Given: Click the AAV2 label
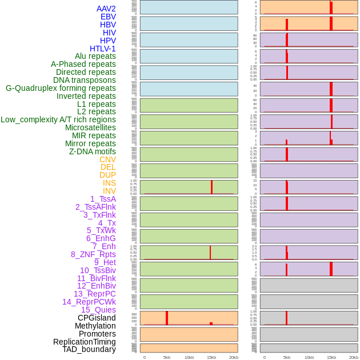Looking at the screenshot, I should [106, 9].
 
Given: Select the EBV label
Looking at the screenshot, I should [108, 17].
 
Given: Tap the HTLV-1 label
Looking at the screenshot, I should [102, 49].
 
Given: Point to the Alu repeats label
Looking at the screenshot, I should [95, 56].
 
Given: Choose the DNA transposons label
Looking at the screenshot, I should [85, 80].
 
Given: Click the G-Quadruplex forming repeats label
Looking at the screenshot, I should [61, 88].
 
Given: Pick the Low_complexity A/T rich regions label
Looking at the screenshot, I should [58, 119].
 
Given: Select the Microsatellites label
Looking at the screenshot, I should [90, 127].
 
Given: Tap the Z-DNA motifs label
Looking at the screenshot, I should [93, 151].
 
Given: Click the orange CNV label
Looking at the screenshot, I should [107, 159].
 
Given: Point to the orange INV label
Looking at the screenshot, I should [109, 191].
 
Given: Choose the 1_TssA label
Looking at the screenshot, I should [103, 199].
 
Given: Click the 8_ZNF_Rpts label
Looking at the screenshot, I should [93, 254].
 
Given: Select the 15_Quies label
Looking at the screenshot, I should [98, 310].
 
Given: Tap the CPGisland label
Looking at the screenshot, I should [97, 318].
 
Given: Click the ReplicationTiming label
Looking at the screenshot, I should [85, 342].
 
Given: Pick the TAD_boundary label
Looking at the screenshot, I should [89, 349].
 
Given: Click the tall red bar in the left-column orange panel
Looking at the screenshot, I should [167, 318].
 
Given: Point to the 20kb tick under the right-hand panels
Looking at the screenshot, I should [354, 357].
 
